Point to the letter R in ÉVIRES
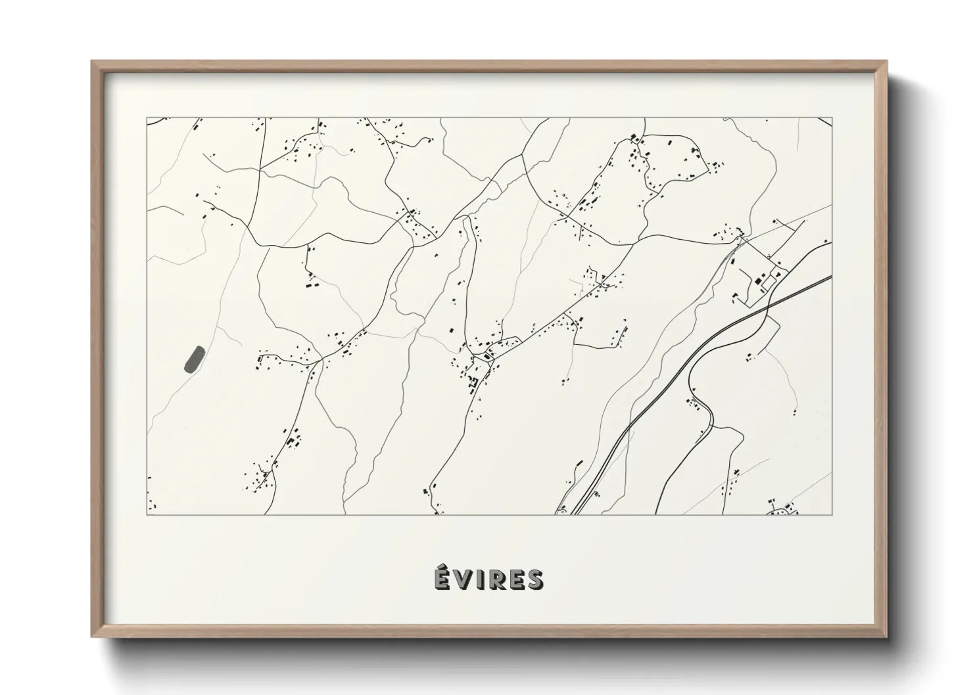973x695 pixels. pos(496,580)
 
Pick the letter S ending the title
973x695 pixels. pos(534,580)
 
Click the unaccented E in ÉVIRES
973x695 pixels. pos(516,580)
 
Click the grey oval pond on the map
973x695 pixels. pos(194,359)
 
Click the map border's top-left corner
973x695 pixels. pos(147,118)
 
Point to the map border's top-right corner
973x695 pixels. pos(832,118)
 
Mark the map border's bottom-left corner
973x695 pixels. pos(147,514)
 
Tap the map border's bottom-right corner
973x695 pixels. pos(832,514)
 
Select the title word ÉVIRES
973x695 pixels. pos(488,579)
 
